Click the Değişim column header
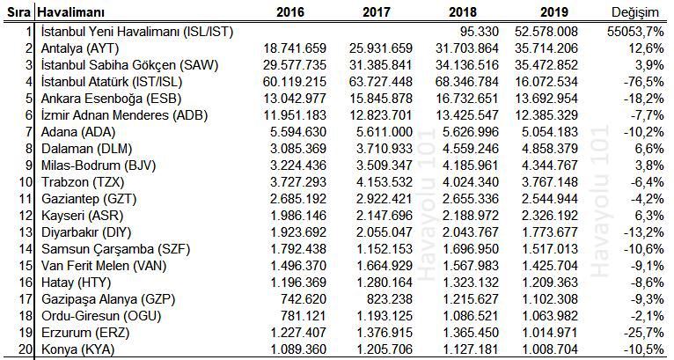coord(635,12)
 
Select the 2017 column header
coord(376,12)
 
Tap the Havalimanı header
coord(71,12)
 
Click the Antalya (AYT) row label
coord(80,48)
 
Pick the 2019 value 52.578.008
coord(546,32)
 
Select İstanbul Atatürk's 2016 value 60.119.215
coord(295,82)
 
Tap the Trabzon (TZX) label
coord(83,182)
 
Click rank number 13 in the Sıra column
coord(26,232)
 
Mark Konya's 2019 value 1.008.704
coord(550,349)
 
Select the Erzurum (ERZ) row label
coord(85,333)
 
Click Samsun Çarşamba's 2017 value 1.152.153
coord(385,249)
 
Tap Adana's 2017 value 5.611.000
coord(385,132)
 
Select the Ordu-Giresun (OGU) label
coord(101,316)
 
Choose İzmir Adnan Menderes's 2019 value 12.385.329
coord(546,115)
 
